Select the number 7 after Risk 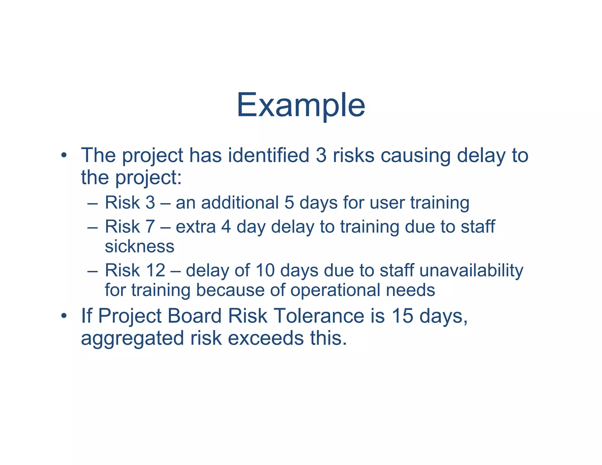tap(150, 227)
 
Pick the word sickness tap(140, 246)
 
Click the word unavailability tap(471, 270)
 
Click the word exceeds tap(265, 338)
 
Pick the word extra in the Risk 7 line tap(195, 227)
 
